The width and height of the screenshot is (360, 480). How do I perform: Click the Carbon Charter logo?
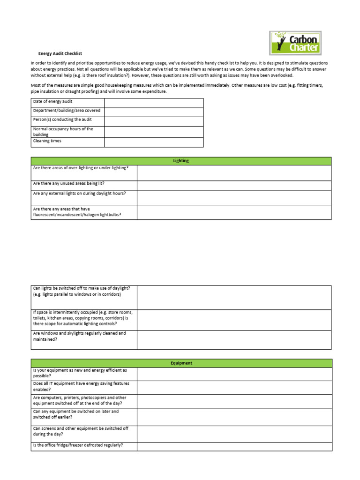point(295,43)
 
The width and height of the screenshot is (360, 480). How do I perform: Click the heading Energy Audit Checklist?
point(60,53)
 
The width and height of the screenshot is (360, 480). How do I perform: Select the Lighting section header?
point(181,161)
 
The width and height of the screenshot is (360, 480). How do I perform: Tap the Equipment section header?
point(181,363)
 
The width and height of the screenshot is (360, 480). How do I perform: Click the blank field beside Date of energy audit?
point(154,103)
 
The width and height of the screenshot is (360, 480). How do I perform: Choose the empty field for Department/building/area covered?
point(154,112)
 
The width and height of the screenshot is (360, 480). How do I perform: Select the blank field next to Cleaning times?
point(154,142)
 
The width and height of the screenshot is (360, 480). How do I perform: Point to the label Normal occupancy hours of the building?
point(63,132)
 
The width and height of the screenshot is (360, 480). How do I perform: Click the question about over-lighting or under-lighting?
point(80,168)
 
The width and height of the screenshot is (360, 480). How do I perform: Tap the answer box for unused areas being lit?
point(234,186)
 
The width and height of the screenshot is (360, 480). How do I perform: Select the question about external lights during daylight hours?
point(79,194)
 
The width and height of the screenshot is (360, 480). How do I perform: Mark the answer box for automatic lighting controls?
point(234,320)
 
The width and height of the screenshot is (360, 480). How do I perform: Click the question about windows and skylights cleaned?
point(79,336)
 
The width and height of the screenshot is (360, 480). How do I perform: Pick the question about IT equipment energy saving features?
point(81,386)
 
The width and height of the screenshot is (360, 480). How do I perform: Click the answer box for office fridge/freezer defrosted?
point(234,446)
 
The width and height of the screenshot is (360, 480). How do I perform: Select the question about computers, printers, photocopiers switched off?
point(80,400)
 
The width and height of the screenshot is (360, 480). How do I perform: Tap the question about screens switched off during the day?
point(81,431)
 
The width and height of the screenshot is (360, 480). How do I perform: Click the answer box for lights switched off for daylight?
point(234,297)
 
